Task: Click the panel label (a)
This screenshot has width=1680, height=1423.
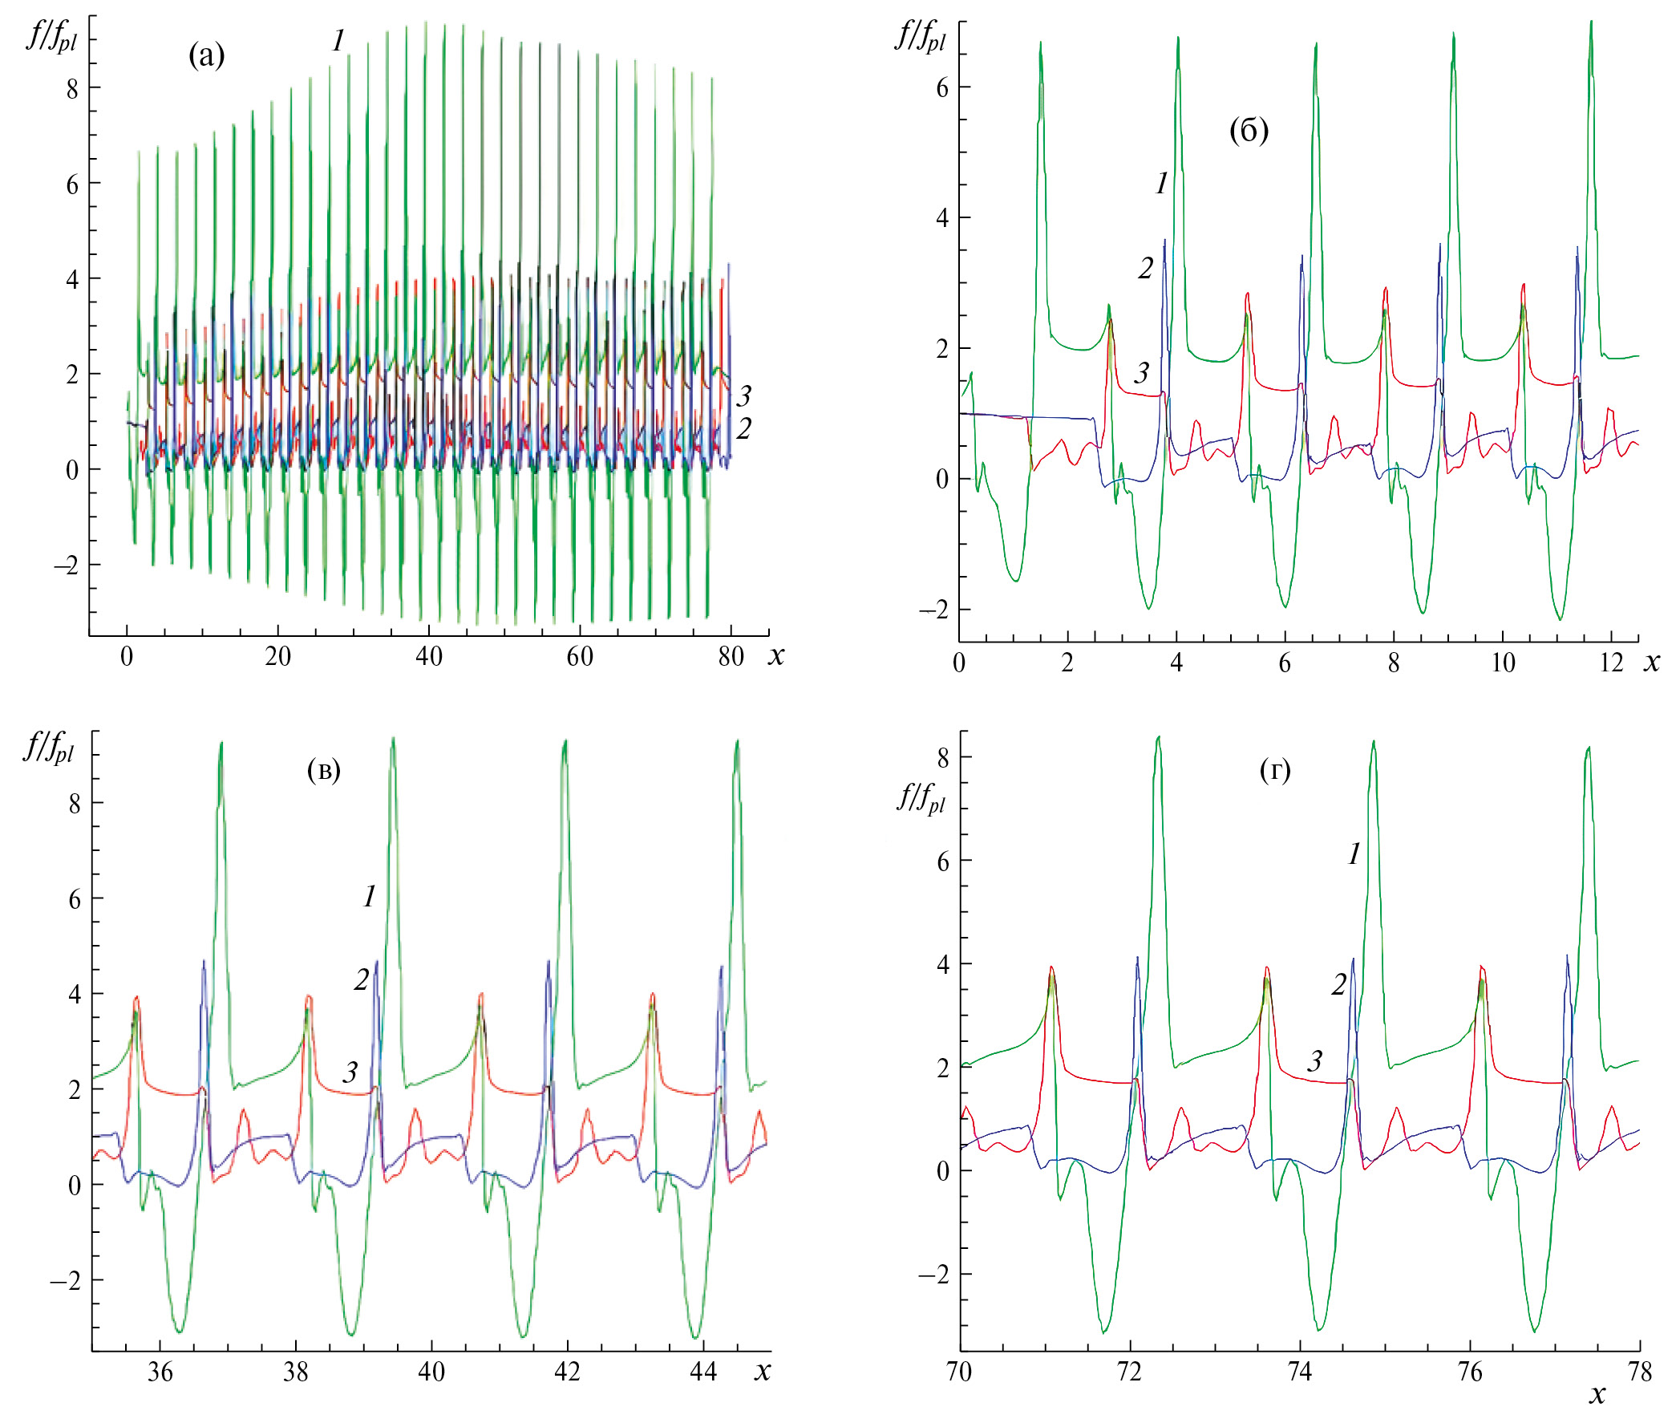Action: [206, 55]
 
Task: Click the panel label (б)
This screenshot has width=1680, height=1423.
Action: [1249, 130]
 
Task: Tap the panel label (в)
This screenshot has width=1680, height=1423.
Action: [323, 770]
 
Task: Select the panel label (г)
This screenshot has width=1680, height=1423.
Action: [1274, 771]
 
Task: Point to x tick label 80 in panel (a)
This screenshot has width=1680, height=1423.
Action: [731, 658]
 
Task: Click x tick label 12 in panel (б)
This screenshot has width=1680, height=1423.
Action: [1611, 663]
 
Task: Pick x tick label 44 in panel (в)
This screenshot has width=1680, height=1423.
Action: [703, 1372]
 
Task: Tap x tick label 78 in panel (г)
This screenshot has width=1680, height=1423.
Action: [1640, 1372]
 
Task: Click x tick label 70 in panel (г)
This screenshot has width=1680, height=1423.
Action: [959, 1372]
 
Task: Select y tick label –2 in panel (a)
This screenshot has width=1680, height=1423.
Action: [66, 566]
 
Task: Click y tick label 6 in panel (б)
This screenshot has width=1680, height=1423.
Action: [942, 88]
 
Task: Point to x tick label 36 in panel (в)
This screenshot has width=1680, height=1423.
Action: [160, 1372]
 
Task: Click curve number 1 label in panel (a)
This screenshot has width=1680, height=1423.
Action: [338, 40]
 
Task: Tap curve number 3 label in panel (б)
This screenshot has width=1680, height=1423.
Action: [1141, 373]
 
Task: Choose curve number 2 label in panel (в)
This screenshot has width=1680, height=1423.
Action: [361, 980]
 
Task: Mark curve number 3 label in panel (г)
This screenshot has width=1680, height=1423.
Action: [1314, 1060]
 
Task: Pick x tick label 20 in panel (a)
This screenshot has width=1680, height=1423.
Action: [277, 658]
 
